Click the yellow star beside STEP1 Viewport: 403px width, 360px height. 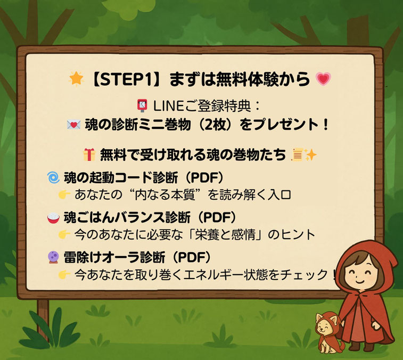(76, 79)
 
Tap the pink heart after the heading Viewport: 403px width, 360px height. (323, 79)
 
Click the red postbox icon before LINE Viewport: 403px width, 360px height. (142, 105)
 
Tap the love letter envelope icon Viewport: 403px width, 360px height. (74, 125)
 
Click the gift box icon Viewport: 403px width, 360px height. (89, 155)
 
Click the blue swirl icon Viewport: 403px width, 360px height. (53, 177)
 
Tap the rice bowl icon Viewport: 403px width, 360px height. (53, 217)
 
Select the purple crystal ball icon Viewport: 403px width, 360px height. (53, 257)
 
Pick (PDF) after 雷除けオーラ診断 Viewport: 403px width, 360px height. (192, 257)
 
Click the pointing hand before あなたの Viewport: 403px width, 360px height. (64, 195)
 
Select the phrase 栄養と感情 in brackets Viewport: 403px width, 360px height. (225, 234)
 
